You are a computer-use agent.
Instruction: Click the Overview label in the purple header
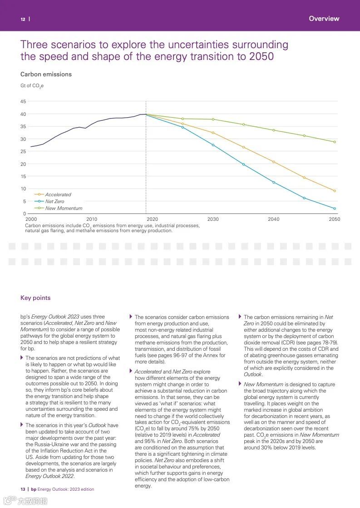point(324,19)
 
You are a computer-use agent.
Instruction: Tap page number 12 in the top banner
point(23,19)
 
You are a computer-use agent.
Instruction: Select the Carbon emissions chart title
point(46,74)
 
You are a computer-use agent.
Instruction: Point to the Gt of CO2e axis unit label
point(32,85)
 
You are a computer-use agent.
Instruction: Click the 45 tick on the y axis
point(23,101)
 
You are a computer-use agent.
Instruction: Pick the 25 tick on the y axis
point(23,151)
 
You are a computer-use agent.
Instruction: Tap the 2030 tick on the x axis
point(213,219)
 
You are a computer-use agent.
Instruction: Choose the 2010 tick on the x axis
point(92,219)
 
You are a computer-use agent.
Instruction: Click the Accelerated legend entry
point(58,194)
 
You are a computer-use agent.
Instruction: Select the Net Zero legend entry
point(54,201)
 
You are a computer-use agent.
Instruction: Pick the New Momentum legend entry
point(64,208)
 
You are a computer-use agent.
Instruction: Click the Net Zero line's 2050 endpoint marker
point(335,209)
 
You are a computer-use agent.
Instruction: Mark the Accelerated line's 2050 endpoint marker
point(335,191)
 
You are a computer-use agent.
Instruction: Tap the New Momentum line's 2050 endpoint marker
point(335,142)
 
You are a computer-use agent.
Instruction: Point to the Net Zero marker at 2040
point(274,182)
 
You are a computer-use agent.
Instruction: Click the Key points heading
point(35,298)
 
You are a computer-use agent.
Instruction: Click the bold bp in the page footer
point(34,489)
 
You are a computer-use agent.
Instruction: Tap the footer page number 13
point(23,489)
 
